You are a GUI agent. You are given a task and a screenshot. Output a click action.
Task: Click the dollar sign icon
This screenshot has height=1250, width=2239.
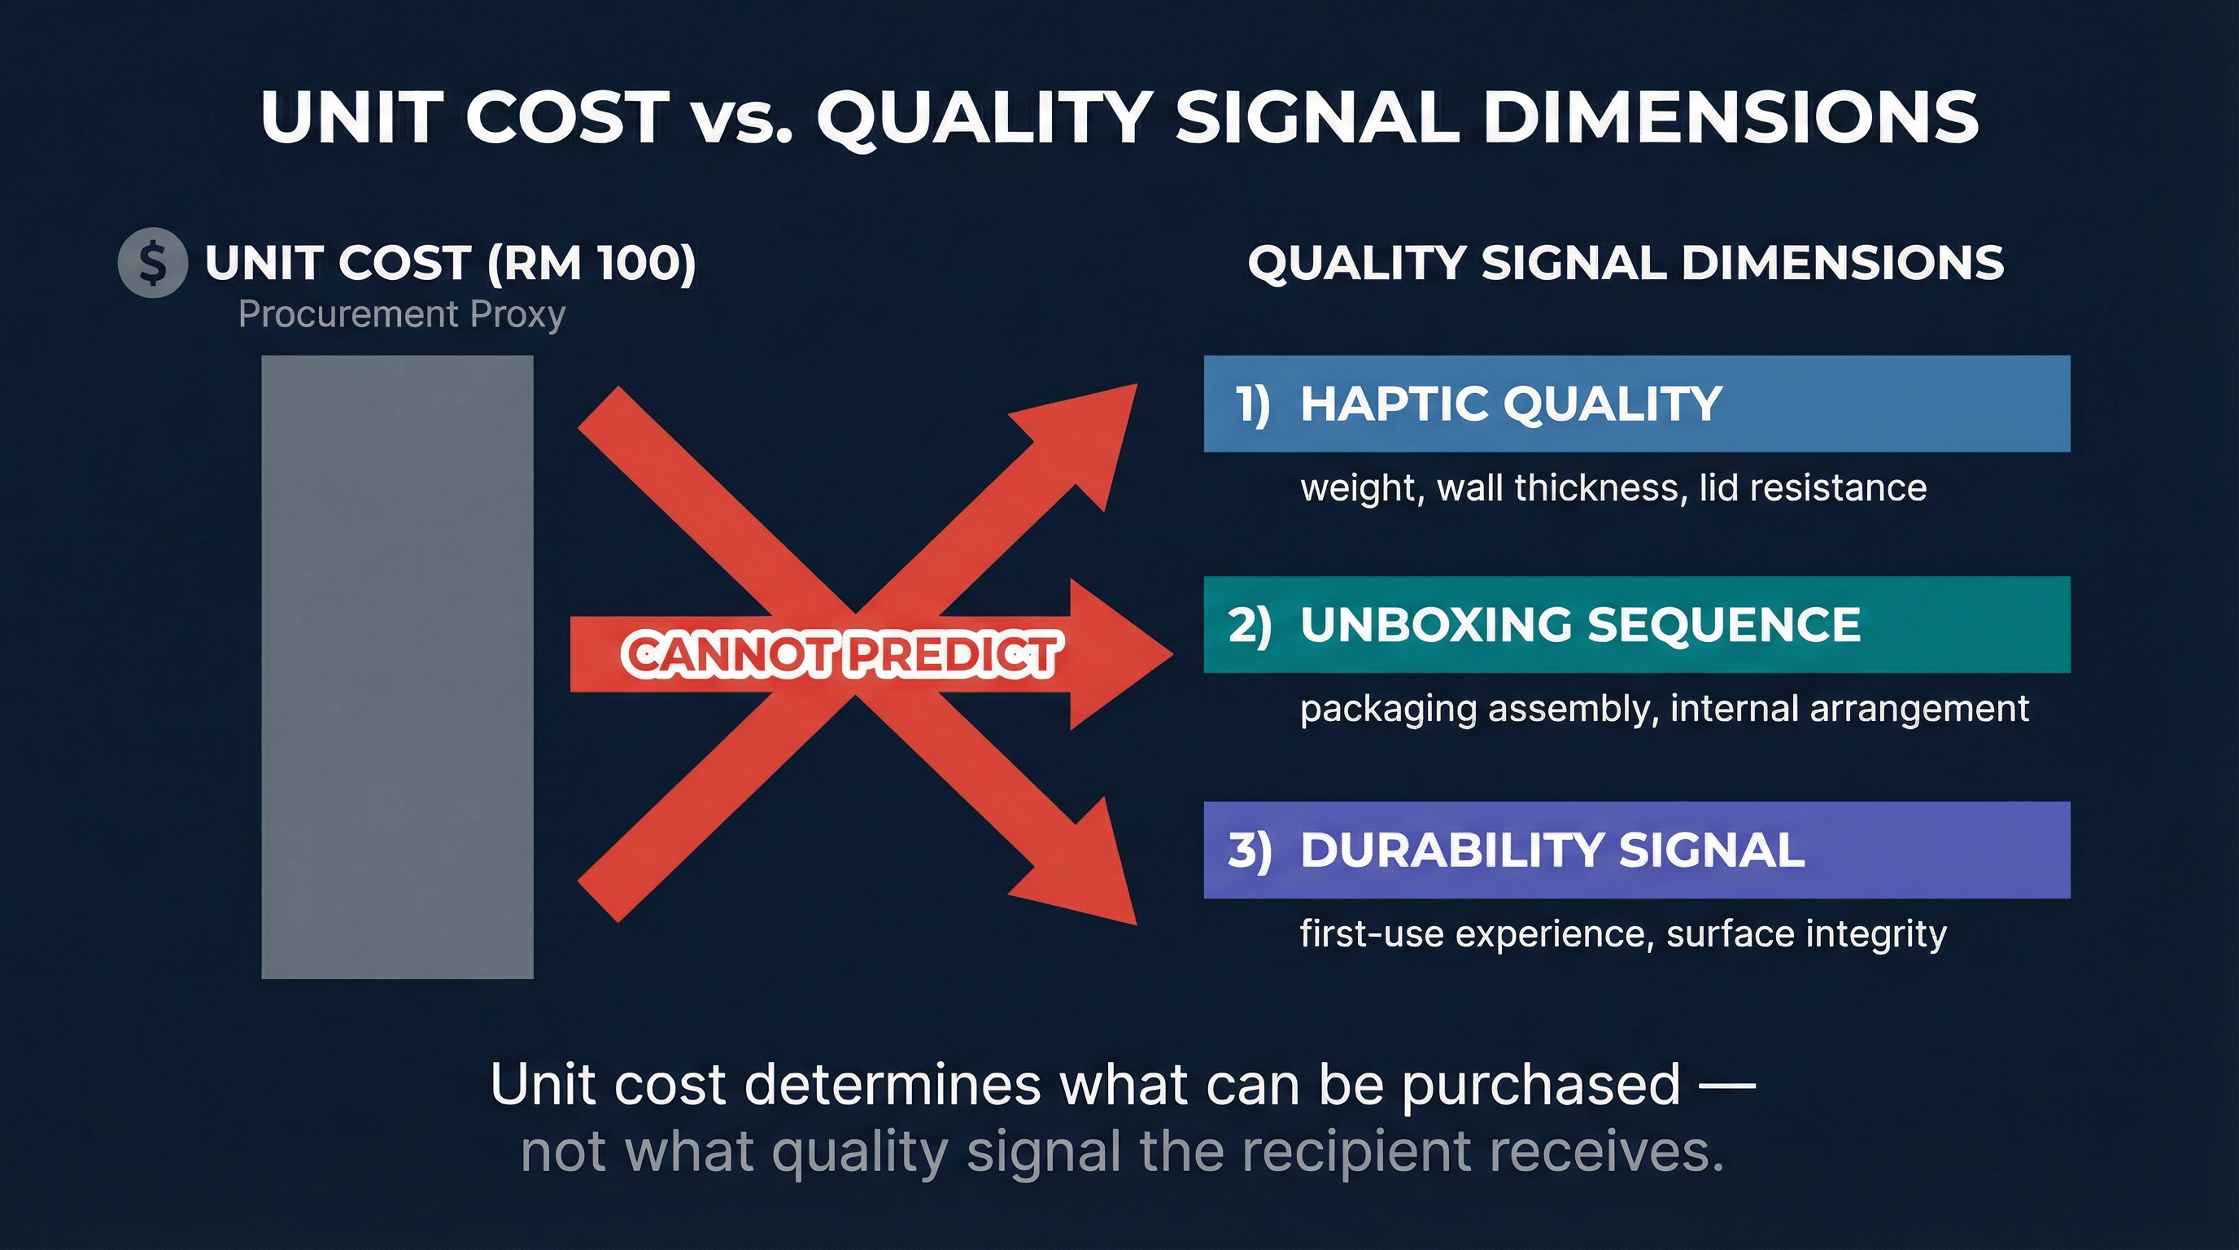(153, 263)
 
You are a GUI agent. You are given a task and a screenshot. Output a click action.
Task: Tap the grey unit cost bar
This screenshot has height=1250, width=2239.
(397, 667)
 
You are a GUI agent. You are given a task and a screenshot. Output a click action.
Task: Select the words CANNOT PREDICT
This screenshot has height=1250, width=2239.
(840, 655)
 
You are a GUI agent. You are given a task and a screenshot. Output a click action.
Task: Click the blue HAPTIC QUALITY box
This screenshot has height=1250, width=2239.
(1636, 404)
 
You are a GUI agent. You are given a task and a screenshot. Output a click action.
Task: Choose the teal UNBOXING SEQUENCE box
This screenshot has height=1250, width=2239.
(1636, 624)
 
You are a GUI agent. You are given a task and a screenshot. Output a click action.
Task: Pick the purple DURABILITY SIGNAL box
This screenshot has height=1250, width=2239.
(1636, 850)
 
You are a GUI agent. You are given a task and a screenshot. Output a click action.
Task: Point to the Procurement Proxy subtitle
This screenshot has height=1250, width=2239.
(402, 314)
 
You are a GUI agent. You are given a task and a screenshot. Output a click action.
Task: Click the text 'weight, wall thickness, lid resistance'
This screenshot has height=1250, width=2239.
(1613, 487)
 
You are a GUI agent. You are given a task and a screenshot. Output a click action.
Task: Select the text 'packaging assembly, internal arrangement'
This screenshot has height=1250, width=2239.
(1664, 710)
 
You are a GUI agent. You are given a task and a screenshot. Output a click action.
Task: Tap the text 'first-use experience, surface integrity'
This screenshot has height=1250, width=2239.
(1623, 933)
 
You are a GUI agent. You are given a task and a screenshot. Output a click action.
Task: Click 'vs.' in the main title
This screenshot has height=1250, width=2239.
(742, 118)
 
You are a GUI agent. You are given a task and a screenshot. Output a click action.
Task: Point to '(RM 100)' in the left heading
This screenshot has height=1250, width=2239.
(591, 263)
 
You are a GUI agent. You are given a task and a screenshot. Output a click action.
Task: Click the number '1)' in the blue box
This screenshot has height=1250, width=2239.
(1252, 404)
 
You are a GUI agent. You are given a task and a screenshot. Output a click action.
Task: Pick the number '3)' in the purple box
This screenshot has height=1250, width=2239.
(1249, 850)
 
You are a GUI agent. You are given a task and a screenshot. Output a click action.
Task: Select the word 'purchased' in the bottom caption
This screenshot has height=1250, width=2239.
(1541, 1085)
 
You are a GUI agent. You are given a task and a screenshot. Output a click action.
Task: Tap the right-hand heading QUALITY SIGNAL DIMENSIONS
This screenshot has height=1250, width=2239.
(1626, 263)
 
